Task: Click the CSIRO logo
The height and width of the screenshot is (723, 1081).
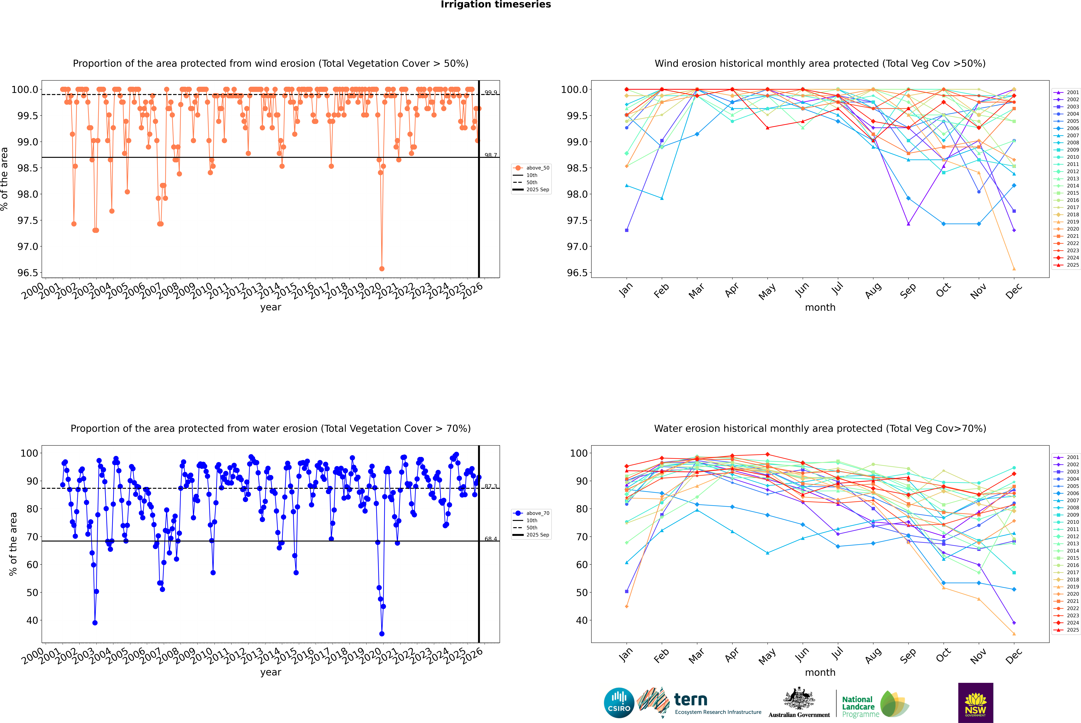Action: [x=619, y=703]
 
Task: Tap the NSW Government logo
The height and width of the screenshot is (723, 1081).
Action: [x=975, y=703]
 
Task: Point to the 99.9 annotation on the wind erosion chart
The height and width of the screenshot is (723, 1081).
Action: [x=491, y=93]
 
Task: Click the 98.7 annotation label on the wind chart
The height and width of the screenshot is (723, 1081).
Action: [x=491, y=155]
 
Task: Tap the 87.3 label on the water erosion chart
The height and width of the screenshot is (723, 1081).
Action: [x=491, y=486]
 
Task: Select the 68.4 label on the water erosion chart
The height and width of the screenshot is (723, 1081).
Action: [x=491, y=539]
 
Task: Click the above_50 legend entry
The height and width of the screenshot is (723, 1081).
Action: [x=537, y=168]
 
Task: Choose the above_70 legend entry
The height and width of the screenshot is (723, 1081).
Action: [x=537, y=513]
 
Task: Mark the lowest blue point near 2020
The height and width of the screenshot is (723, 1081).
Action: [x=381, y=634]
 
